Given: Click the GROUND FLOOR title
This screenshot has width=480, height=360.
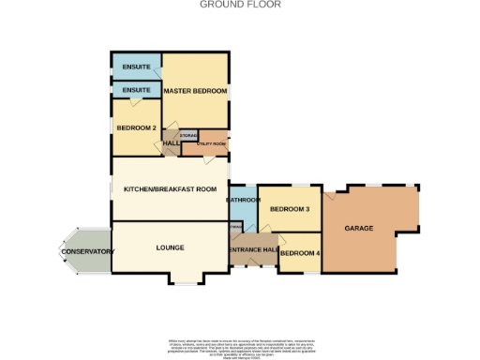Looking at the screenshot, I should (x=240, y=5).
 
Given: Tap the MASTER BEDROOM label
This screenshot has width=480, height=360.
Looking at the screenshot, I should (x=195, y=91).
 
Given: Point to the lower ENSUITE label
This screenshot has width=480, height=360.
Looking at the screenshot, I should (x=136, y=90).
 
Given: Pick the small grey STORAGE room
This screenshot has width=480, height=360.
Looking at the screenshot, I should (x=187, y=136).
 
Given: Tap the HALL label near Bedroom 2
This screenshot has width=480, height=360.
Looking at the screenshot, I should (x=172, y=143).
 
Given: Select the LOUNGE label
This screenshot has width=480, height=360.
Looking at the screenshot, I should (x=170, y=247).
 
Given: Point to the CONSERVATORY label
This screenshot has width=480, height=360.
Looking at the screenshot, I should (x=87, y=252).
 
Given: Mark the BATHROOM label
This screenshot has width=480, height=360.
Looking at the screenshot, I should (x=242, y=200).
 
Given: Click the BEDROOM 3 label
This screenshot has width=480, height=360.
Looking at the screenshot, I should (x=289, y=209).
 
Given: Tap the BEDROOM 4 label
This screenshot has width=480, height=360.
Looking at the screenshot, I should (x=300, y=253).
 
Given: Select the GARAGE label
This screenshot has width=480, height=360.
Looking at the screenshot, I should (x=359, y=228).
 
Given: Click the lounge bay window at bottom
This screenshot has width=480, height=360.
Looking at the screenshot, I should (x=184, y=279).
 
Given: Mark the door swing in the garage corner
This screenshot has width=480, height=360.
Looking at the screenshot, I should (x=331, y=198).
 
